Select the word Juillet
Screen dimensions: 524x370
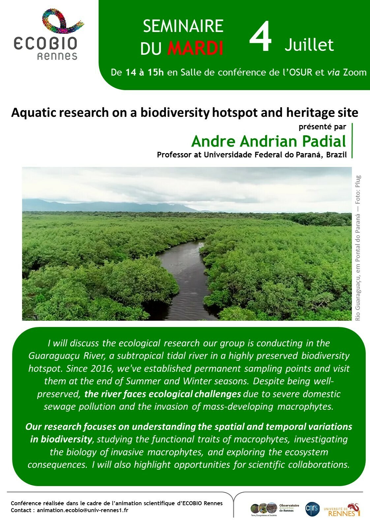309,45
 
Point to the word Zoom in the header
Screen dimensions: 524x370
355,72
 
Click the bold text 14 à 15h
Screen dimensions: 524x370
145,72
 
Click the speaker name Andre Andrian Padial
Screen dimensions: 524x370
268,141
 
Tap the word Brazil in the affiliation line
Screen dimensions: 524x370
336,155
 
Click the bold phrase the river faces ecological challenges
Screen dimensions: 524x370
163,394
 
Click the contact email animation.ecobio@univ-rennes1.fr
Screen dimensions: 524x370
82,510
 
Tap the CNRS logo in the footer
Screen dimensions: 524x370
312,508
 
